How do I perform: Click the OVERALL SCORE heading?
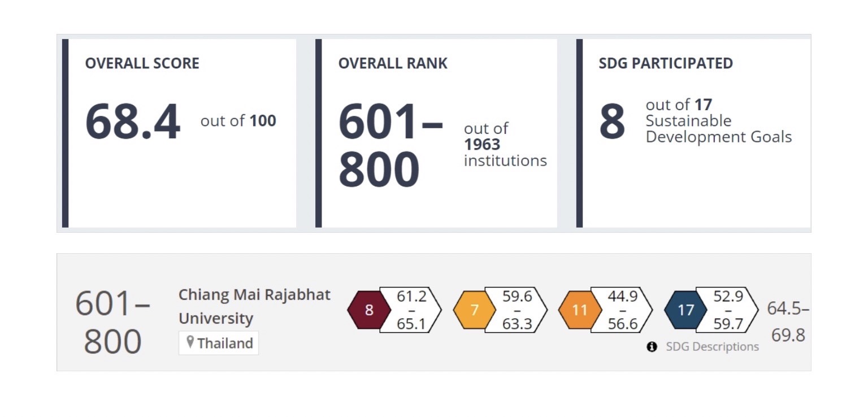[142, 63]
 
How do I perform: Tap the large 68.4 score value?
[133, 121]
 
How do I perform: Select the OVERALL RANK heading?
[393, 63]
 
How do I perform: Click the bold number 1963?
[482, 145]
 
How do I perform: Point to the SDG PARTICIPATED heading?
[666, 63]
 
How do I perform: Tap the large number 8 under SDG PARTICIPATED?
[612, 122]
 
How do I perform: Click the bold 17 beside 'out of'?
[704, 105]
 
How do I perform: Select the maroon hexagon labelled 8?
[369, 310]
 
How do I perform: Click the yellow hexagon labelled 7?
[475, 310]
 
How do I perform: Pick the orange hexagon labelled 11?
[580, 310]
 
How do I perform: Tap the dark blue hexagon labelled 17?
[685, 310]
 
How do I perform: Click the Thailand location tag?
[219, 343]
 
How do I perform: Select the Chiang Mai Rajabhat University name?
[254, 306]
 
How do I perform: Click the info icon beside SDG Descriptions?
[652, 346]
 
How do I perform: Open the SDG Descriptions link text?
[712, 346]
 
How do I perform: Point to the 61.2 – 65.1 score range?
[411, 310]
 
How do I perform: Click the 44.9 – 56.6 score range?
[622, 310]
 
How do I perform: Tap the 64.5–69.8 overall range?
[788, 322]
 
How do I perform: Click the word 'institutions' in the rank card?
[505, 160]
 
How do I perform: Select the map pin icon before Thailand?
[190, 342]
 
